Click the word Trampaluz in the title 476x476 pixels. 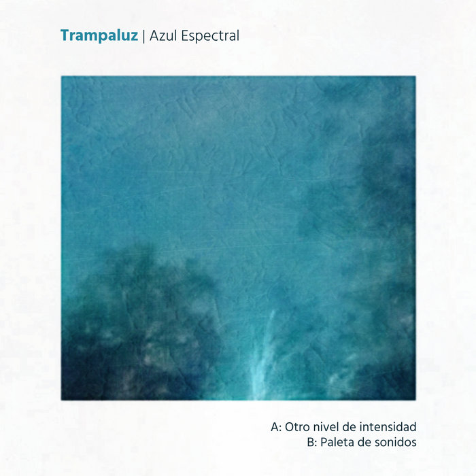point(99,35)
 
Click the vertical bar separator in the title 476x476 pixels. point(143,36)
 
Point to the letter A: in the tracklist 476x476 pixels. point(275,428)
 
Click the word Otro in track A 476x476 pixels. point(297,428)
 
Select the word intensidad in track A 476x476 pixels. point(389,428)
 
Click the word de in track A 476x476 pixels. point(350,428)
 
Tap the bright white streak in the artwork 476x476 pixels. point(262,360)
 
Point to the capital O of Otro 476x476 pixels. point(289,428)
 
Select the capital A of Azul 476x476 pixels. point(154,35)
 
